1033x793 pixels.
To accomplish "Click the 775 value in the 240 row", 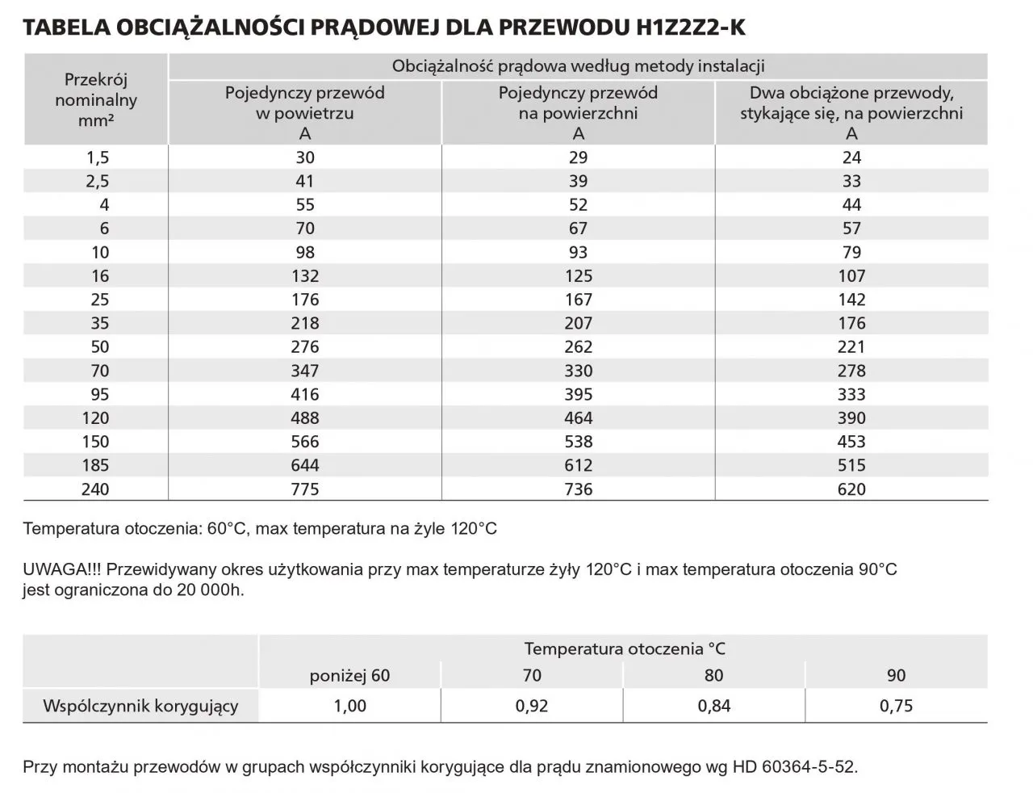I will click(x=305, y=489).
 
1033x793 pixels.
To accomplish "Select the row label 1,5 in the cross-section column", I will click(x=98, y=158).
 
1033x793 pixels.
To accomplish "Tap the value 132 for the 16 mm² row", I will click(x=305, y=276).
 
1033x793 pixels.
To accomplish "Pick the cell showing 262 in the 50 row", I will click(x=578, y=347).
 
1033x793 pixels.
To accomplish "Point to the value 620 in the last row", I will click(x=851, y=489).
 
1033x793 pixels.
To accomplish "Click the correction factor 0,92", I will click(x=532, y=706).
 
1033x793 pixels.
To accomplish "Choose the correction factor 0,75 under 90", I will click(x=897, y=706).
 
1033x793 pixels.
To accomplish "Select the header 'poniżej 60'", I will click(x=349, y=676).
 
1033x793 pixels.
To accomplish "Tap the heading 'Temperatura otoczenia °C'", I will click(x=625, y=648).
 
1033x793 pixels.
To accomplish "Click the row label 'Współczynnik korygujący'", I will click(x=140, y=706).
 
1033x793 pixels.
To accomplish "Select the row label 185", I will click(x=95, y=466).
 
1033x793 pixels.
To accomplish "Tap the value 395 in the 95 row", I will click(x=578, y=395).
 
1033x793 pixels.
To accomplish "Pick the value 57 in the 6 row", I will click(x=851, y=229).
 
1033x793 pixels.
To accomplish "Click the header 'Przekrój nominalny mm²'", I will click(x=96, y=100).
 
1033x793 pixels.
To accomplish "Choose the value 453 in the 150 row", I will click(x=851, y=443).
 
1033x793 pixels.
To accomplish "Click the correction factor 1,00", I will click(x=349, y=706).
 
